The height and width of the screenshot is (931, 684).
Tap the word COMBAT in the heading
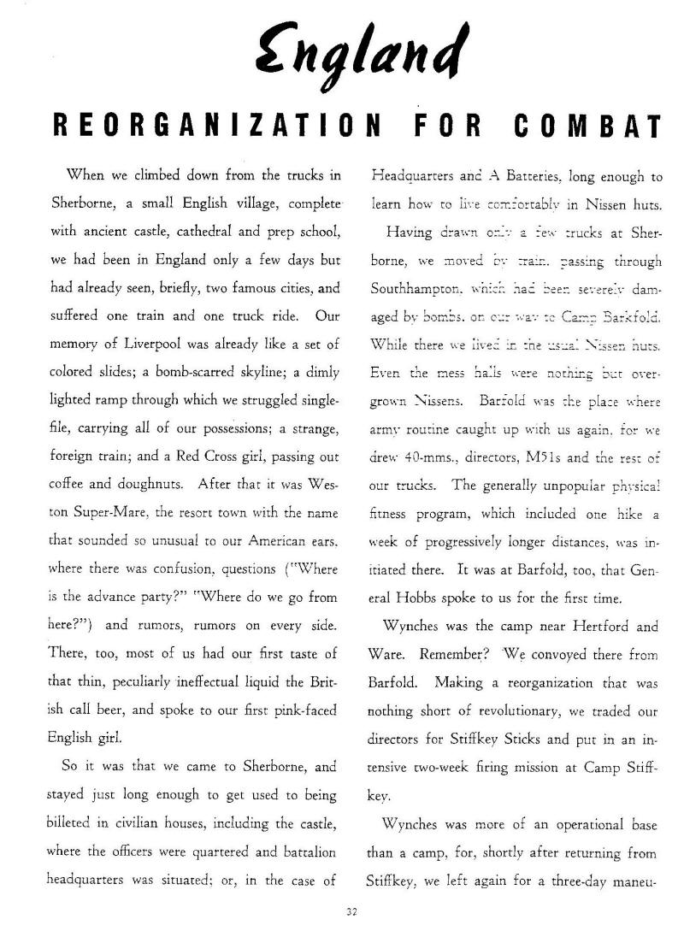(x=589, y=127)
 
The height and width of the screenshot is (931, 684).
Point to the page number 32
(x=350, y=911)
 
